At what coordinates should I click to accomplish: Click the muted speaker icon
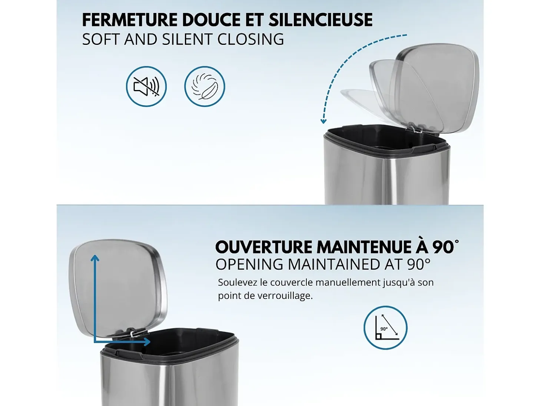[146, 86]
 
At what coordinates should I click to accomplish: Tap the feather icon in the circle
[205, 86]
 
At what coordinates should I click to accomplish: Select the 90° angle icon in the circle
[385, 328]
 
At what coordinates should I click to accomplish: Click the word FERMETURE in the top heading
[130, 20]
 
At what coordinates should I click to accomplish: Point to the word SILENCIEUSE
[321, 20]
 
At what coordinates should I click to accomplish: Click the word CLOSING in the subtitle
[250, 39]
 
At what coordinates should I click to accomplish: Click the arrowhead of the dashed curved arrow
[323, 121]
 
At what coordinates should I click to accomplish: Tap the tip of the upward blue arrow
[95, 256]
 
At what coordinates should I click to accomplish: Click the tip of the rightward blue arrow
[150, 342]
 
